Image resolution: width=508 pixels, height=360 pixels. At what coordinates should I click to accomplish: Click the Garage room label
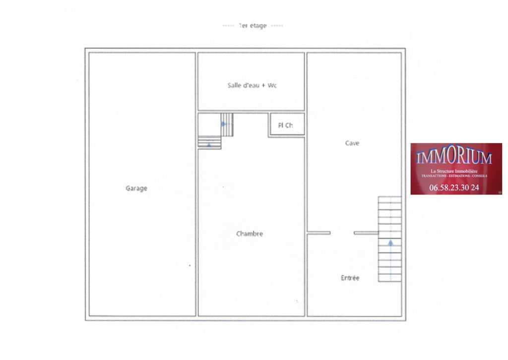136,188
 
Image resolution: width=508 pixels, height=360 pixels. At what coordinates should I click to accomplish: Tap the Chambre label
250,234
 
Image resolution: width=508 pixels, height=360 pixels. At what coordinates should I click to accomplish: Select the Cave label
352,143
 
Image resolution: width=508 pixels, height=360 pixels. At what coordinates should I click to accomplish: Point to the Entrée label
350,278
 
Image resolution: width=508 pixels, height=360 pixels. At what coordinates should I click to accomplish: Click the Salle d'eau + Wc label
252,85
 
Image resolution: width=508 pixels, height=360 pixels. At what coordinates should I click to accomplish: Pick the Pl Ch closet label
285,125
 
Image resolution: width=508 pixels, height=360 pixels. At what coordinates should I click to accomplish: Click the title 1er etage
253,25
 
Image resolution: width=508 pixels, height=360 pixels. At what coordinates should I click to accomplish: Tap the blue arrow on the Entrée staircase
390,243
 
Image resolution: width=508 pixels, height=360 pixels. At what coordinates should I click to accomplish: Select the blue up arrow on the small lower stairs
209,145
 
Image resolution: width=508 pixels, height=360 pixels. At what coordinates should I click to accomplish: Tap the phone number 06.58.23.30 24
454,187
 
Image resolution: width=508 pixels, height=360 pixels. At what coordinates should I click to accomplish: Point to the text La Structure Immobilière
454,171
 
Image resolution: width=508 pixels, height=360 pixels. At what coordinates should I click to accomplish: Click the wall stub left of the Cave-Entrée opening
318,233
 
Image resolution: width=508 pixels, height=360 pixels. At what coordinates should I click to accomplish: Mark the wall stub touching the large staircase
366,233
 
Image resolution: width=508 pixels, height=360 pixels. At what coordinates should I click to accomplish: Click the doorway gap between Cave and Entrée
342,233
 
